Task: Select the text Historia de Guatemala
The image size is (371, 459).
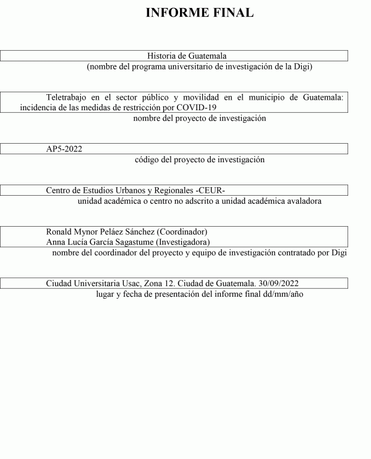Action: (187, 56)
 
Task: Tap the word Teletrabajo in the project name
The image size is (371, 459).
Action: (68, 97)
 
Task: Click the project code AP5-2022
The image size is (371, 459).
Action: (64, 149)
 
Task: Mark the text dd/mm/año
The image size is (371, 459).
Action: (283, 294)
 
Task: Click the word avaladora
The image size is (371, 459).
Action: (302, 201)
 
